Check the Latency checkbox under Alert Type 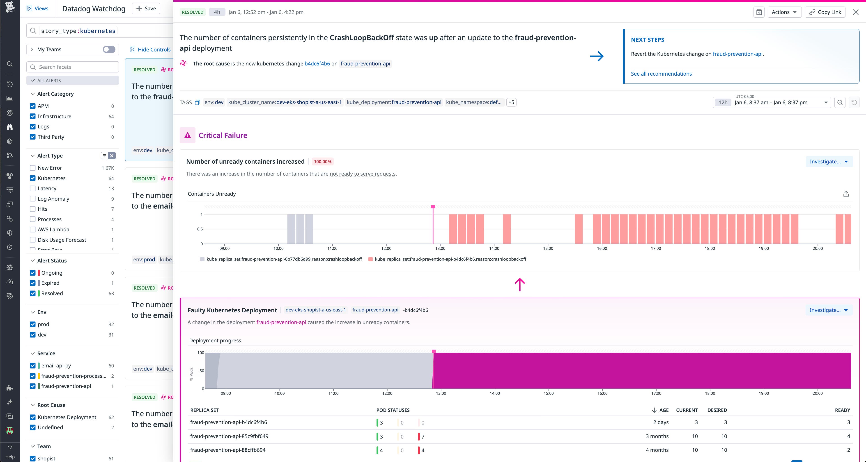point(33,188)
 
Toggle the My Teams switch point(109,49)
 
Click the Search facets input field point(73,67)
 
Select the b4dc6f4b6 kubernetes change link point(317,64)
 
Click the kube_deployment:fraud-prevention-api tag point(394,102)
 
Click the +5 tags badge point(511,102)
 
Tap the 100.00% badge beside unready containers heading point(322,162)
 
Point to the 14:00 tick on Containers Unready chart point(494,248)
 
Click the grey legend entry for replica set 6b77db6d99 point(281,259)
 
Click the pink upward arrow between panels point(520,285)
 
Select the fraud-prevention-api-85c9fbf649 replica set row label point(229,436)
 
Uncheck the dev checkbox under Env point(33,334)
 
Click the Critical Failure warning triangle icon point(188,135)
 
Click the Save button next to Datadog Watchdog point(146,8)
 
